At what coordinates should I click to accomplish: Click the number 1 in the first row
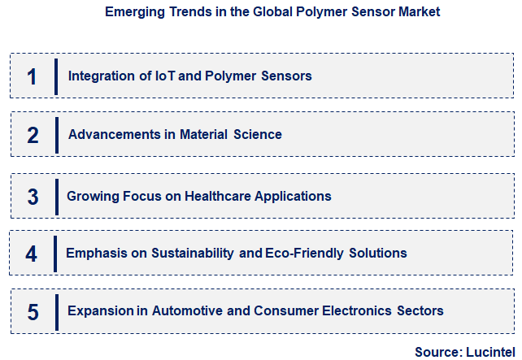pos(32,76)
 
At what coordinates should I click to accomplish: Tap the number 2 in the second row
pos(33,135)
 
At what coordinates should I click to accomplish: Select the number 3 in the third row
pos(33,197)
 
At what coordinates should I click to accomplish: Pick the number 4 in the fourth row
pos(32,254)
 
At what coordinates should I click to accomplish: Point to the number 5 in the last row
pos(33,311)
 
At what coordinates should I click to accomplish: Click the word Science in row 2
pos(259,134)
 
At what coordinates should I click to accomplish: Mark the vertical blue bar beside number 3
pos(55,196)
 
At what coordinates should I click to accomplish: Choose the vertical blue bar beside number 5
pos(57,310)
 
